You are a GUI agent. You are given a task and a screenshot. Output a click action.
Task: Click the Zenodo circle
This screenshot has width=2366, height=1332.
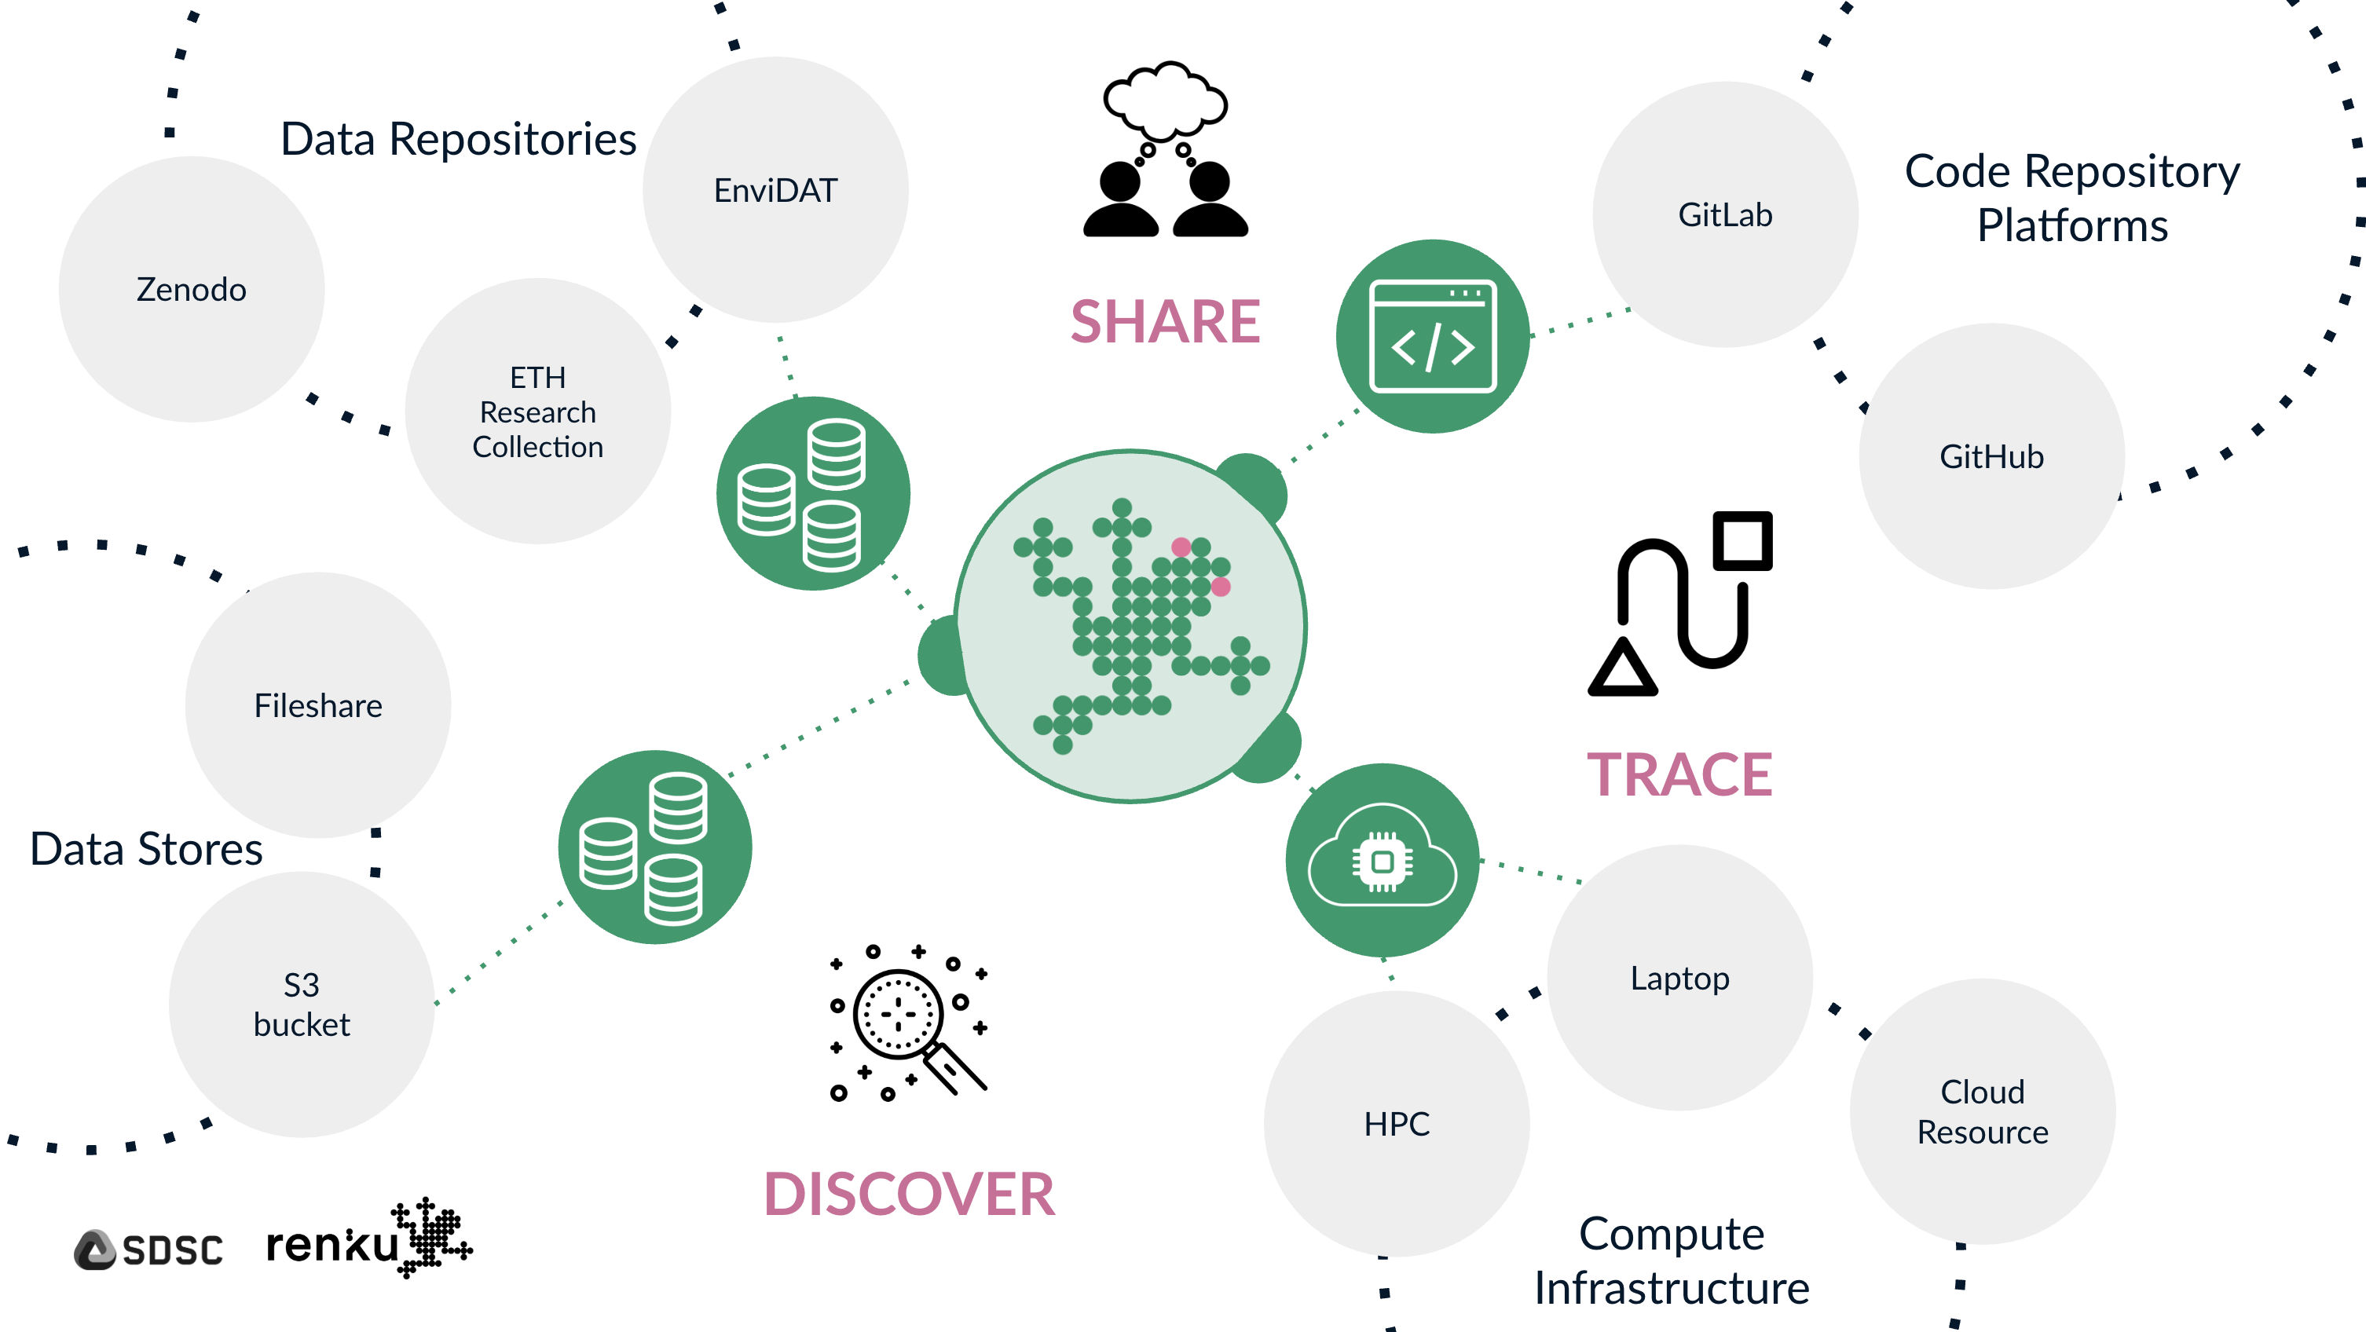191,289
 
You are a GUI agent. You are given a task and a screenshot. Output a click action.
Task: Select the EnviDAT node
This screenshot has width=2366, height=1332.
775,190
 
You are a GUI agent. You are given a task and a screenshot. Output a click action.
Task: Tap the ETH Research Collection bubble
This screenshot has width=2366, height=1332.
538,412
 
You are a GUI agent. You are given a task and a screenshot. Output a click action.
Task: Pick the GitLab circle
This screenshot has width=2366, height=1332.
1725,215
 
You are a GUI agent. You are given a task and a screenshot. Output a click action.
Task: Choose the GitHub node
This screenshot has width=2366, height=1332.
1991,456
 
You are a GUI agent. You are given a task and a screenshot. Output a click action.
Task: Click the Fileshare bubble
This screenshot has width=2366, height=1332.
318,705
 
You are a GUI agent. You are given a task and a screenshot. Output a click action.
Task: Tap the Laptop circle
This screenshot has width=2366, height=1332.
1680,979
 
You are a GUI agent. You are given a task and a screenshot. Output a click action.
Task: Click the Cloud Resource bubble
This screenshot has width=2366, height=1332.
1982,1111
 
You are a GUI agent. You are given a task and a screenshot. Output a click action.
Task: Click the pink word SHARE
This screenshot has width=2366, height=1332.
1166,323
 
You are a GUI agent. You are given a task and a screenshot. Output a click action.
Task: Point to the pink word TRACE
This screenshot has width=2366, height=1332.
1680,775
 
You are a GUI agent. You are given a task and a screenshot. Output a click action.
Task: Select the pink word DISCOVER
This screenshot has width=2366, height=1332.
910,1195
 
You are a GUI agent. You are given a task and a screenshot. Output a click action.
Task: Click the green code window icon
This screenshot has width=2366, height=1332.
1433,336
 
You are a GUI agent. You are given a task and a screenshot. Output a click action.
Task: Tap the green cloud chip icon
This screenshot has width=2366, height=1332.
1383,860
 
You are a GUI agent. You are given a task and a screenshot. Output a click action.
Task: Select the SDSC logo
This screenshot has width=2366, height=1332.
148,1250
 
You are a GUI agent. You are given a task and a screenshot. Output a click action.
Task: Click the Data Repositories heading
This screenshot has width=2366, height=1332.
458,141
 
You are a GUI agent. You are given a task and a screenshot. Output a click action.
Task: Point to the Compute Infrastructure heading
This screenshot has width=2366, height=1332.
1672,1261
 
